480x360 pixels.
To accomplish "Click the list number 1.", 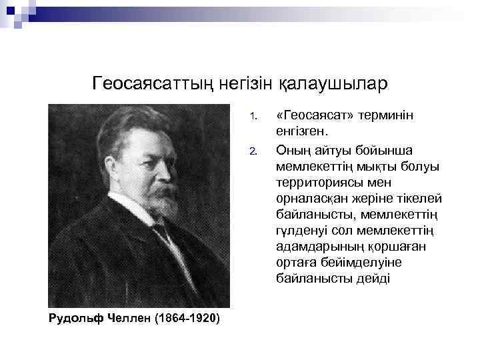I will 253,119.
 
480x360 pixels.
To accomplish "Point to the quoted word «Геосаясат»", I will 314,117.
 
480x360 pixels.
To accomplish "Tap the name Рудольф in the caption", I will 74,317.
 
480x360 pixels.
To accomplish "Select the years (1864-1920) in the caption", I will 186,317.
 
